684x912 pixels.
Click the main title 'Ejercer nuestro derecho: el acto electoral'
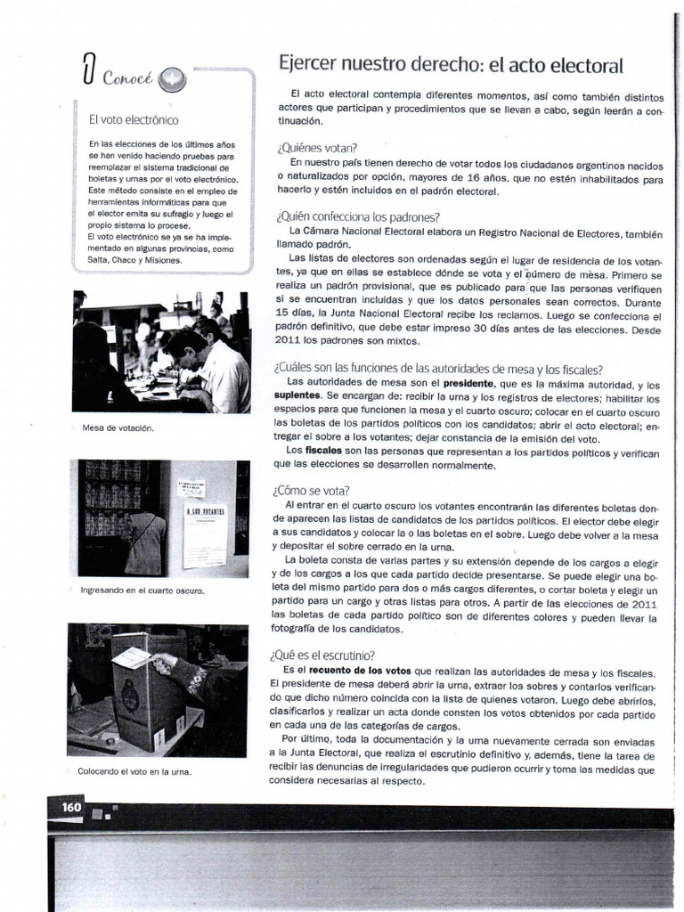451,65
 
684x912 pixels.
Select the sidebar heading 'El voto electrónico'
134,119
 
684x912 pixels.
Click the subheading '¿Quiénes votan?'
317,148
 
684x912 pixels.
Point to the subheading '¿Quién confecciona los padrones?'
358,216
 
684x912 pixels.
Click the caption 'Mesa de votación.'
118,427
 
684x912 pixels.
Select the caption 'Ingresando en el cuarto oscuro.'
142,590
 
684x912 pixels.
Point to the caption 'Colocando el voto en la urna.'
134,771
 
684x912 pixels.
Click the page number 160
71,806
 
